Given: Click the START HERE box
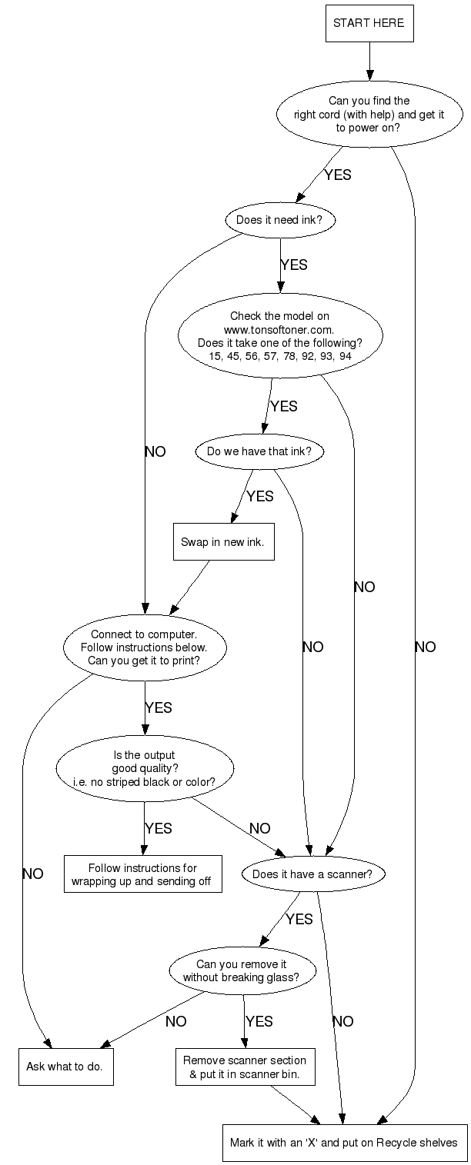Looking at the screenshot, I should pos(369,23).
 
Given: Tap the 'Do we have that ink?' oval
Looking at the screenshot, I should pos(259,451).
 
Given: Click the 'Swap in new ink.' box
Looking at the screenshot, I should pos(222,541).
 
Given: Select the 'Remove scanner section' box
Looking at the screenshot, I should pos(244,1067).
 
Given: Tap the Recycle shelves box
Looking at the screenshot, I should pos(343,1142).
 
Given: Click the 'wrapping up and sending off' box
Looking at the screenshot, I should pos(142,874).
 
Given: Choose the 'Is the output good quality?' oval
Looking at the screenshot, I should pos(144,768).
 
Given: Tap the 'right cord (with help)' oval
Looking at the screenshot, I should pos(369,114).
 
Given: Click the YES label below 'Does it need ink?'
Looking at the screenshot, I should pos(294,265).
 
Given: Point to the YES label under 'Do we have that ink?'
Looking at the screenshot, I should pos(259,496).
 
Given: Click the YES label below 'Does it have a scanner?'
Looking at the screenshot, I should pos(299,919).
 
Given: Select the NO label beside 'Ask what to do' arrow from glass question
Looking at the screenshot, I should pos(175,1021).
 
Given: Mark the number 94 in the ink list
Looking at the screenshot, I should pos(351,357).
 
